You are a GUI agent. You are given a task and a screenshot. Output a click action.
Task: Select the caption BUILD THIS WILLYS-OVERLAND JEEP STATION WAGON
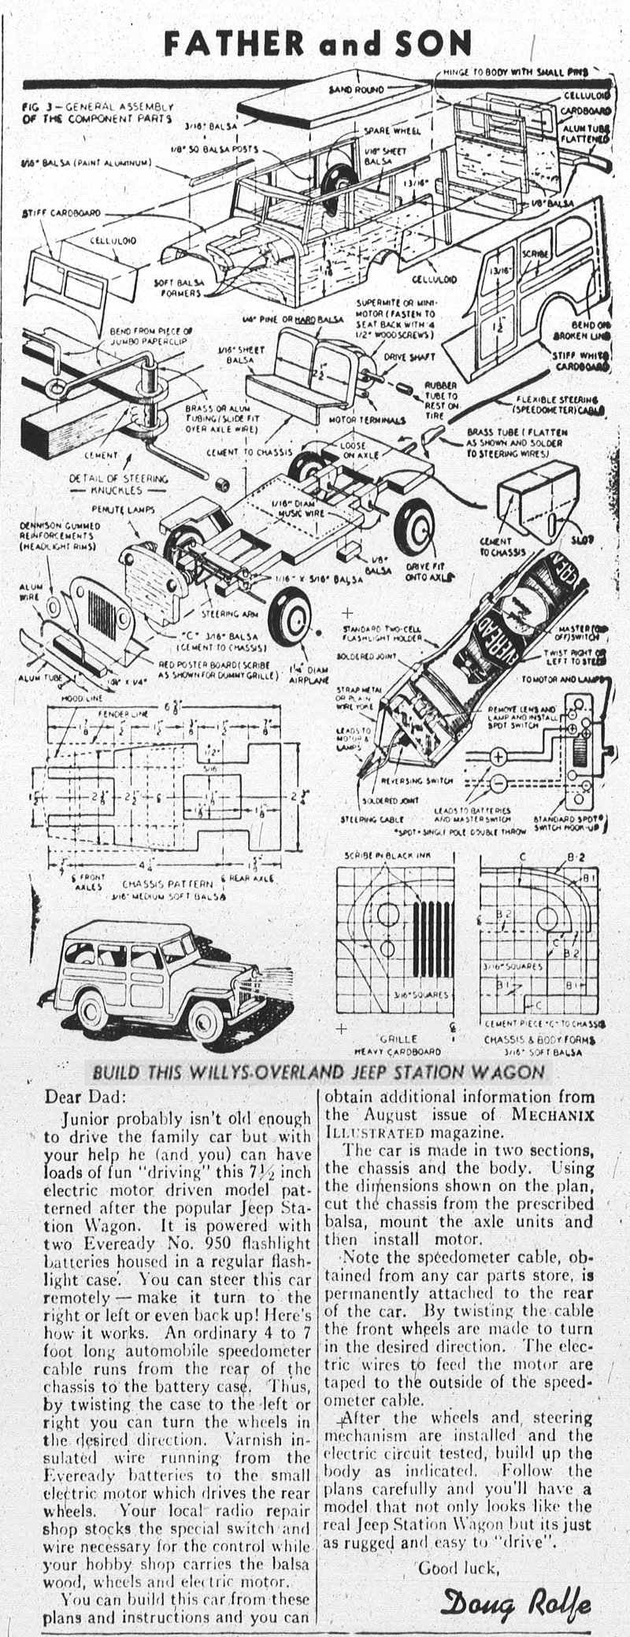[x=318, y=1072]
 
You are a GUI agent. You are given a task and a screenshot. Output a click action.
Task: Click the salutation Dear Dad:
[x=83, y=1096]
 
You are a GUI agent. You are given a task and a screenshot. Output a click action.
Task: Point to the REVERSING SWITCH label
[x=417, y=780]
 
